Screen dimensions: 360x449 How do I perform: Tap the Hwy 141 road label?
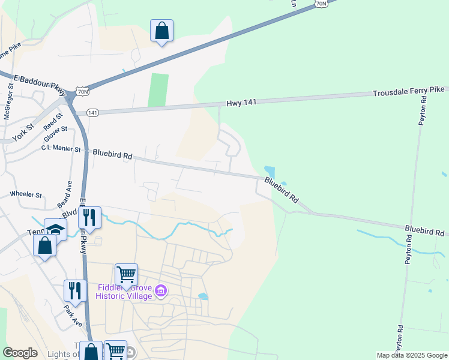[x=241, y=103]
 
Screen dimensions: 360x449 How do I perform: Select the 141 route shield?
[x=92, y=113]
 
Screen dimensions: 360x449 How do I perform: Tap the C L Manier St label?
[x=61, y=148]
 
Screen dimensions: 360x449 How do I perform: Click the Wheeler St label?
[x=26, y=194]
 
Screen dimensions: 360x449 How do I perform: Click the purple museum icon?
[x=160, y=292]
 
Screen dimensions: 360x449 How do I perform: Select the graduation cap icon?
[x=55, y=229]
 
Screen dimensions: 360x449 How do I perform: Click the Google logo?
[x=20, y=353]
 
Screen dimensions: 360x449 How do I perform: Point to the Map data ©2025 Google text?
[x=411, y=355]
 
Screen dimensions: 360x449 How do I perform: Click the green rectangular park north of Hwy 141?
[x=158, y=90]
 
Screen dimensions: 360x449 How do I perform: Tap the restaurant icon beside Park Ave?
[x=75, y=290]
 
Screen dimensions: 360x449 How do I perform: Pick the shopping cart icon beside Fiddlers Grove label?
[x=126, y=275]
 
